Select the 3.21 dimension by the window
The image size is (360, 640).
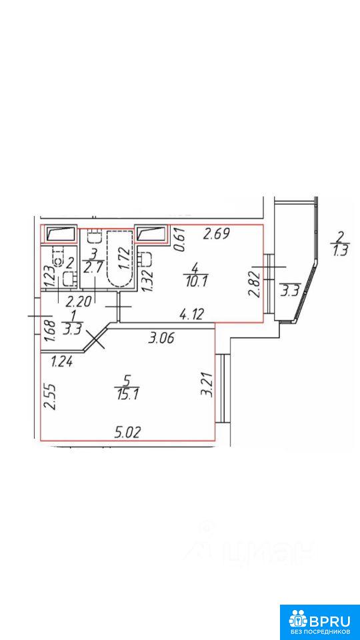click(208, 384)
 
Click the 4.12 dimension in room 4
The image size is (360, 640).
click(191, 315)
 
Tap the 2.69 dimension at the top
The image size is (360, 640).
click(217, 234)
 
